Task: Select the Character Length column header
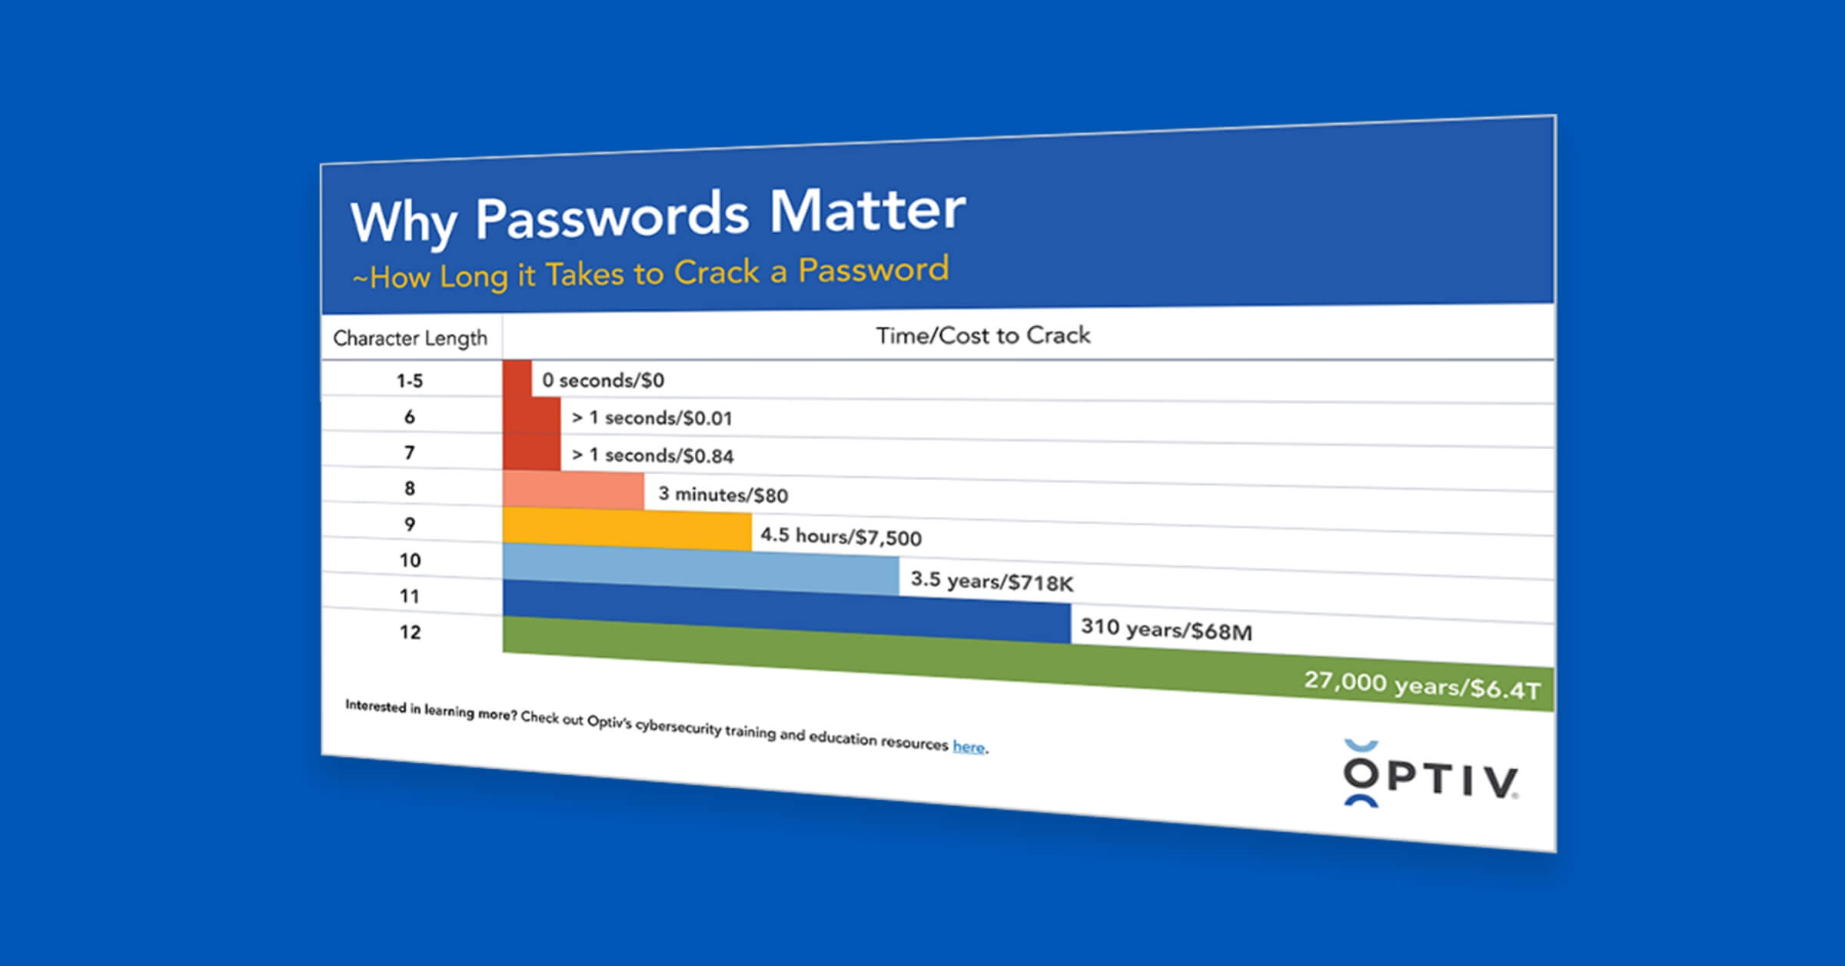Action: coord(410,338)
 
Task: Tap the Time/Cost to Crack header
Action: coord(983,335)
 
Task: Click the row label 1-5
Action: coord(410,381)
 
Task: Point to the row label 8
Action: coord(410,488)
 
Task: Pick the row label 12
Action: coord(410,632)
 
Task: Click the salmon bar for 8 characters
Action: coord(573,491)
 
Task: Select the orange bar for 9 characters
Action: coord(627,529)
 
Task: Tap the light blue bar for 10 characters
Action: coord(701,569)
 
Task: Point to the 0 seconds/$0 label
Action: coord(603,380)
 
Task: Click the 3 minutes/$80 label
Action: coord(723,495)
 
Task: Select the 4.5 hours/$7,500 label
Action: coord(841,536)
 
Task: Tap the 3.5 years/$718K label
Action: coord(992,581)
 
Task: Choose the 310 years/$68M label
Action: coord(1166,629)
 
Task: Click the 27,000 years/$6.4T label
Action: coord(1422,685)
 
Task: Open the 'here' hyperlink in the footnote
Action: coord(969,747)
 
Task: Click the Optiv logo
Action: coord(1430,774)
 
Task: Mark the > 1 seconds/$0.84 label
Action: coord(653,455)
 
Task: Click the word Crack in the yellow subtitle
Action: coord(716,272)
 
